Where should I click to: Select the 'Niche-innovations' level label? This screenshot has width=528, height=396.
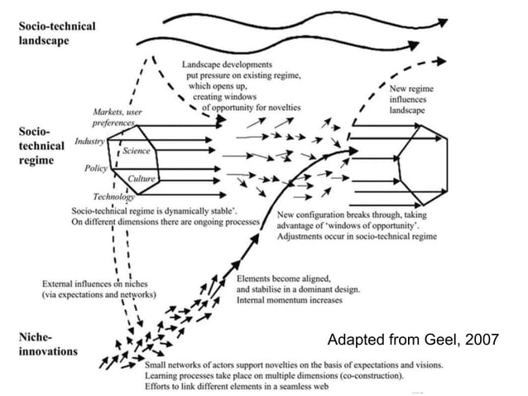[48, 345]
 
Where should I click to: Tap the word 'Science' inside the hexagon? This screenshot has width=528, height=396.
[136, 151]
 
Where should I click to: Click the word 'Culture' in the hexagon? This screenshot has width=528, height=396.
[142, 178]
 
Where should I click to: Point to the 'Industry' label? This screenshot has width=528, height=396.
[89, 142]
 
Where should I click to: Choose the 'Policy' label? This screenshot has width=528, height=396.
[96, 168]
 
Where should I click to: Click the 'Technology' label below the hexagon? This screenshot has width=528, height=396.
[114, 196]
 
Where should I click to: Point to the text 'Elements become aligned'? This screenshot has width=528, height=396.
[284, 279]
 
